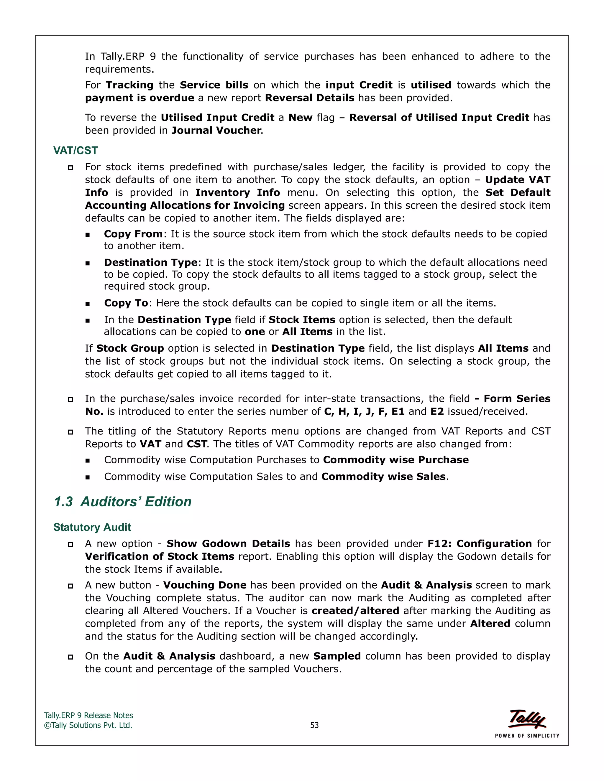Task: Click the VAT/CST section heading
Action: (75, 151)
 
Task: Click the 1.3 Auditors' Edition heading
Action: (122, 502)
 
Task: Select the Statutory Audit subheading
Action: (92, 527)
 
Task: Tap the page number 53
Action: (314, 725)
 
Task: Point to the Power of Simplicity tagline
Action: (527, 736)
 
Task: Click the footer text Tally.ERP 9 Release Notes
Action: (88, 715)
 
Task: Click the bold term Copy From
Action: (133, 234)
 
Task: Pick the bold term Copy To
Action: (126, 303)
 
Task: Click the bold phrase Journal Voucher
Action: (216, 131)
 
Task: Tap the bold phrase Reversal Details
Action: (309, 98)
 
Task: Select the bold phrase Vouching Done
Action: (205, 585)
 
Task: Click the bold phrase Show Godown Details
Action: (228, 543)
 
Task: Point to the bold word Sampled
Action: (337, 656)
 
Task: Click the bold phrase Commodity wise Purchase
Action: (396, 460)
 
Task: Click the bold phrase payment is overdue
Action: (139, 98)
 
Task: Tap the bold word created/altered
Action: (355, 611)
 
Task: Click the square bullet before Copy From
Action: (88, 235)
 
